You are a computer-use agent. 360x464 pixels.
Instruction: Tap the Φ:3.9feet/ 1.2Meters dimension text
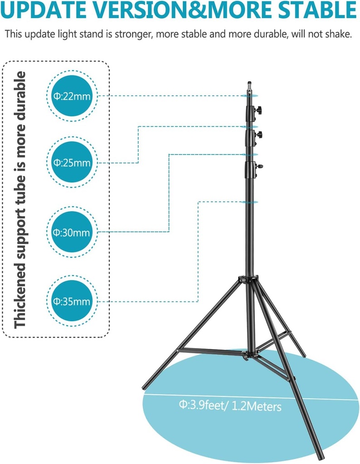(x=230, y=406)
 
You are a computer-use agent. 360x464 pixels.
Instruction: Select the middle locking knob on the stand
(x=260, y=134)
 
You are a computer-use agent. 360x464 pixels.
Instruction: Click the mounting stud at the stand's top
(x=248, y=84)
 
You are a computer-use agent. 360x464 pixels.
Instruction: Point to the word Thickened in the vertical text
(x=20, y=290)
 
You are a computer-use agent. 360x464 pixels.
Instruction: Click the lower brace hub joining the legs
(x=247, y=355)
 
